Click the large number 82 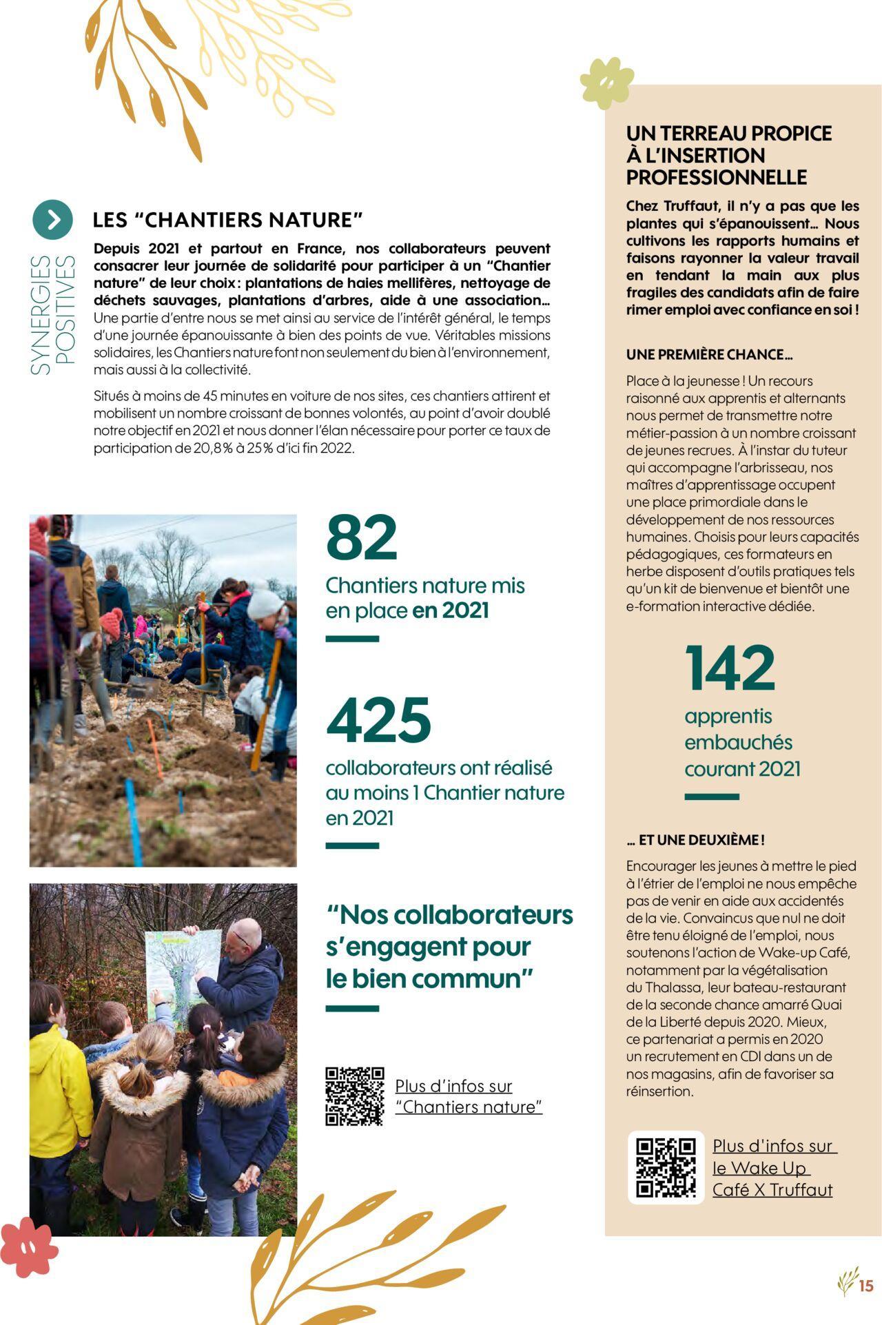362,537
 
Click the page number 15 866,1285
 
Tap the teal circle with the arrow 52,219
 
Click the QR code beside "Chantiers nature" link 354,1096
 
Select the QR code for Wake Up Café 666,1167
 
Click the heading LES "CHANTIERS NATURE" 227,220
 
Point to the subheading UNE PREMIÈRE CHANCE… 709,355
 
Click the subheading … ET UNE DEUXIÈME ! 695,840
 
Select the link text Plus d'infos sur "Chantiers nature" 468,1096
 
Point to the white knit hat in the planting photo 265,604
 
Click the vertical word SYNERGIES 41,316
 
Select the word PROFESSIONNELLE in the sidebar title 716,177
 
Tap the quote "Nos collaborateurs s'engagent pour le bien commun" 449,947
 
